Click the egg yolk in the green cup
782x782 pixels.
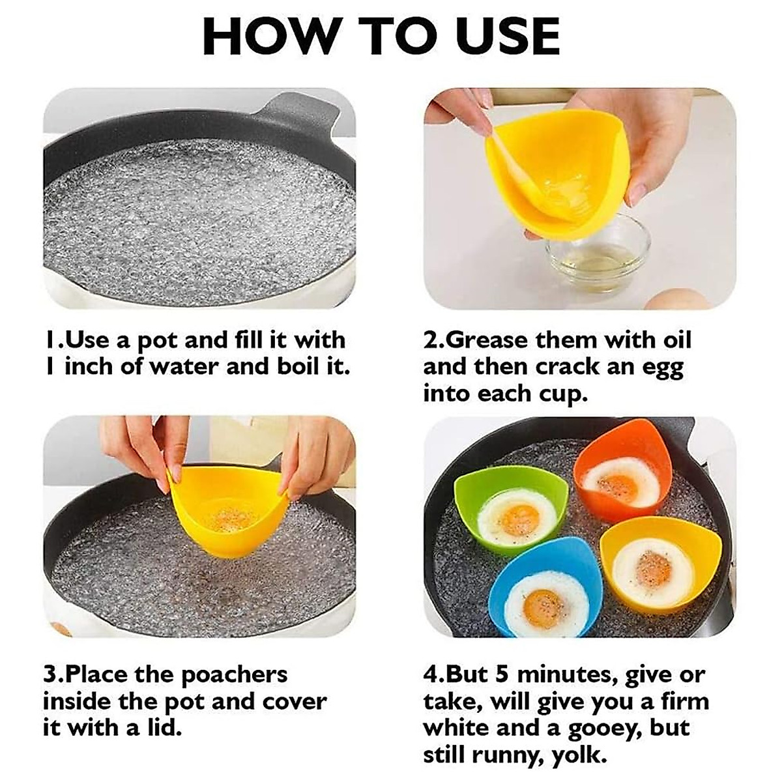(x=519, y=518)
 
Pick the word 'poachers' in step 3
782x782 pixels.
(x=234, y=674)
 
